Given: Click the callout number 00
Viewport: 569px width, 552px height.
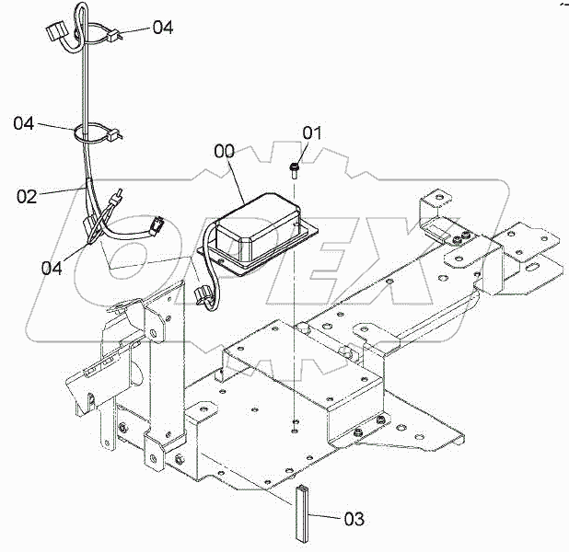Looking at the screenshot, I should tap(225, 151).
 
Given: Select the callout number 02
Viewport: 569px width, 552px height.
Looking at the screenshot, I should tap(28, 196).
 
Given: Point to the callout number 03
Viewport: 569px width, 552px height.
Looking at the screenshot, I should tap(353, 520).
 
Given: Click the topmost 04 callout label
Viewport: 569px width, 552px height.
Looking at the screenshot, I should tap(162, 28).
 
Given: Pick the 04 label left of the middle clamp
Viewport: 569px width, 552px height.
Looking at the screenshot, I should tap(25, 121).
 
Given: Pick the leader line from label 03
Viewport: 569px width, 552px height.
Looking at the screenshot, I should tap(327, 519).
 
